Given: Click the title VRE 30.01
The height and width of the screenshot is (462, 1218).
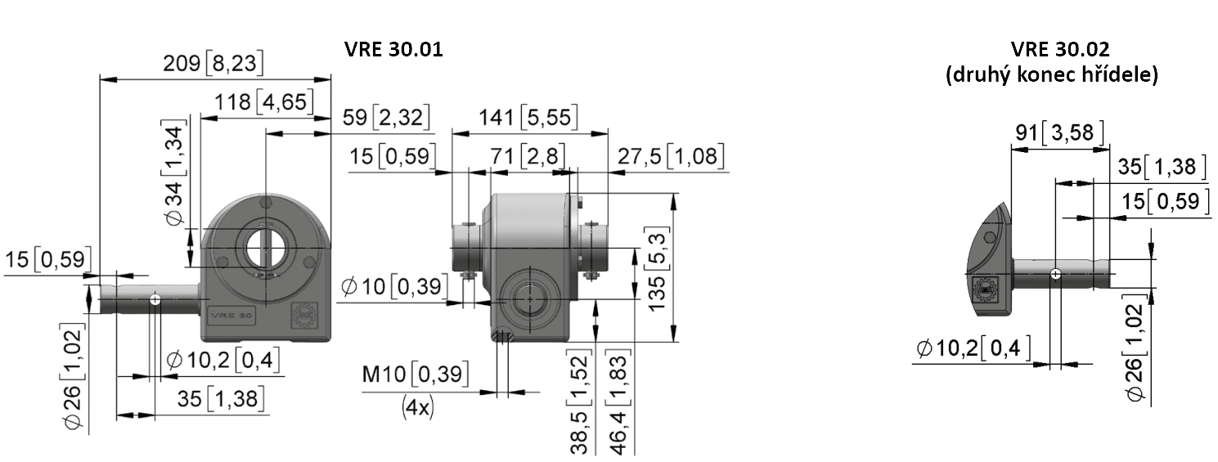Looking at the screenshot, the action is [x=393, y=49].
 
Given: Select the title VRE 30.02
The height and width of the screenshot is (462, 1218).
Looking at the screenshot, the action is [x=1060, y=49].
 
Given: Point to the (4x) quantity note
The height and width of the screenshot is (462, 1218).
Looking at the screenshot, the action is [x=418, y=407].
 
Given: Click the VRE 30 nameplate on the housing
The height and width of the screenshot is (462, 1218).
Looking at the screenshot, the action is [x=231, y=316].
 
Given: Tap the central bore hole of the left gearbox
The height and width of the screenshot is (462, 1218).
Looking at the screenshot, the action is [x=266, y=249].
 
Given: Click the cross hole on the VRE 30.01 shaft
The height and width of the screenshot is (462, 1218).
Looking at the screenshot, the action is [x=155, y=299].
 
